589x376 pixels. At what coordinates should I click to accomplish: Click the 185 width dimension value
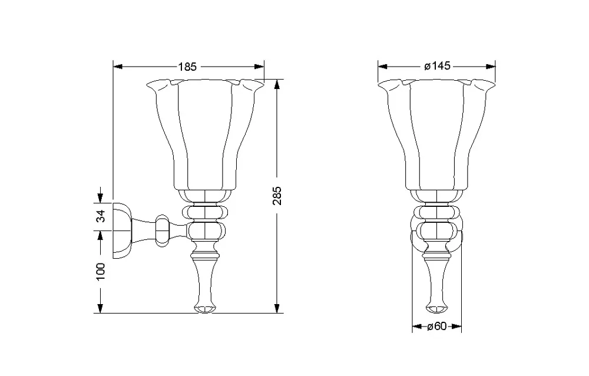point(187,67)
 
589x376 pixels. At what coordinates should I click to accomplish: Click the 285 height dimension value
point(277,196)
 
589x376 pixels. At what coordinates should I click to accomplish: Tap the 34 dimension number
point(101,216)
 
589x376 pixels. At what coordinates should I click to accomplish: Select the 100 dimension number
point(101,271)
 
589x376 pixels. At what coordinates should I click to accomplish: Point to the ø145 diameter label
point(437,66)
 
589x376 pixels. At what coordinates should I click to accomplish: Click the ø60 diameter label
point(437,326)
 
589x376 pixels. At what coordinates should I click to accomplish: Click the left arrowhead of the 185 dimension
point(118,67)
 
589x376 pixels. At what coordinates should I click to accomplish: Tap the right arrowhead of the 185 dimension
point(259,67)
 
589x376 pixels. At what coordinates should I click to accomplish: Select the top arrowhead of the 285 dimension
point(277,84)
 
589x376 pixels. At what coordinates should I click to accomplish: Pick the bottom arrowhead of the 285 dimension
point(277,308)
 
